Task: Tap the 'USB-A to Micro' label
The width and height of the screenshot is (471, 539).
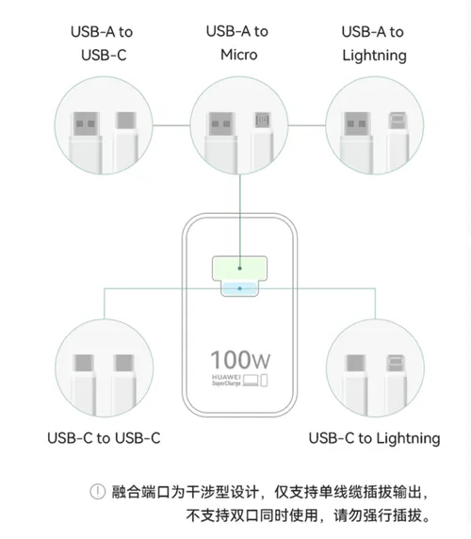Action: pyautogui.click(x=236, y=42)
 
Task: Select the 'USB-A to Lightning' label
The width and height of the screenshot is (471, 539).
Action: pyautogui.click(x=374, y=42)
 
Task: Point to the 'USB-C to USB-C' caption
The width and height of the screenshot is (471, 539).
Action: pyautogui.click(x=104, y=438)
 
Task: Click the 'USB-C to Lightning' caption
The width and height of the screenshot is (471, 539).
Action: pyautogui.click(x=374, y=438)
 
